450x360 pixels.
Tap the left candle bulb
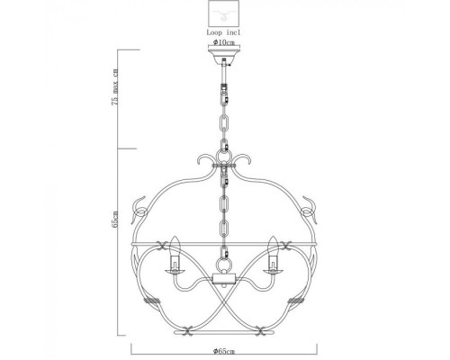coord(171,244)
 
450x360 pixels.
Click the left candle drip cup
coord(171,266)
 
